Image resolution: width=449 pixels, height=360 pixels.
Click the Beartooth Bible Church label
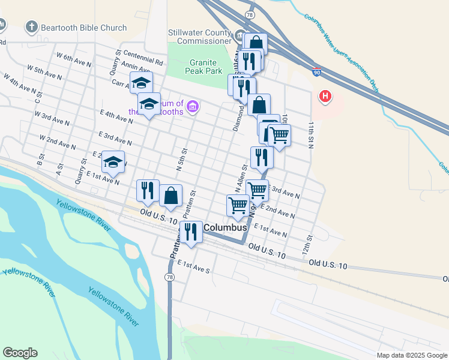84,28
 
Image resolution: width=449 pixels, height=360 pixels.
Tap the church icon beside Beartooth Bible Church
32,27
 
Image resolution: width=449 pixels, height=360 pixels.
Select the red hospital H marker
325,95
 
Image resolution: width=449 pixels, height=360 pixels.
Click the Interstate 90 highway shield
316,73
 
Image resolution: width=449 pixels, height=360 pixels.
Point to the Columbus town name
226,228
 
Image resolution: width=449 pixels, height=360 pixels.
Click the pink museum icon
193,107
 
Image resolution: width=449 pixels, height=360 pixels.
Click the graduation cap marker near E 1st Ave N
113,161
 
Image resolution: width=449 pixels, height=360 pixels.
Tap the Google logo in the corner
20,353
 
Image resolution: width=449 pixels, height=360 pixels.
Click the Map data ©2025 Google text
411,355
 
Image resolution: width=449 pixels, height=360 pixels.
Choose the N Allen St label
241,179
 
